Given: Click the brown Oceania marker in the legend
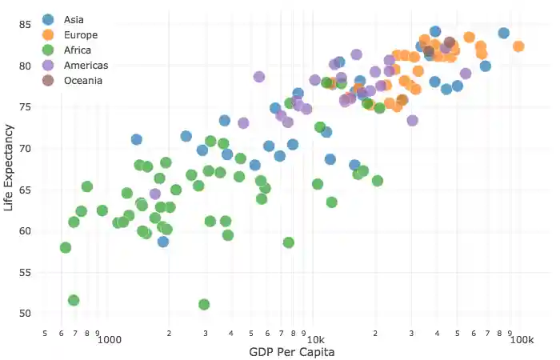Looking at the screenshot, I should click(x=48, y=80).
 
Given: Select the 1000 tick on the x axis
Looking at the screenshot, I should click(x=109, y=340).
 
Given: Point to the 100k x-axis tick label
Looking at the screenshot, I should click(x=521, y=340).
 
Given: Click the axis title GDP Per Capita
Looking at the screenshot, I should click(x=291, y=352).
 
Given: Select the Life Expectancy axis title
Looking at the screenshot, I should click(x=9, y=168).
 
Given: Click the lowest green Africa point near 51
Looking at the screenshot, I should click(x=204, y=305).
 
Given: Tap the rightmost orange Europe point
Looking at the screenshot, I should click(x=518, y=46).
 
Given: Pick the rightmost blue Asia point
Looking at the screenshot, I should click(x=504, y=34).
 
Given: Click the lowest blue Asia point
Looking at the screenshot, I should click(x=163, y=242).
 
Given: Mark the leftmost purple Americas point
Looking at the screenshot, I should click(x=155, y=194).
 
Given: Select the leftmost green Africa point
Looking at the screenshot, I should click(x=66, y=248).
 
